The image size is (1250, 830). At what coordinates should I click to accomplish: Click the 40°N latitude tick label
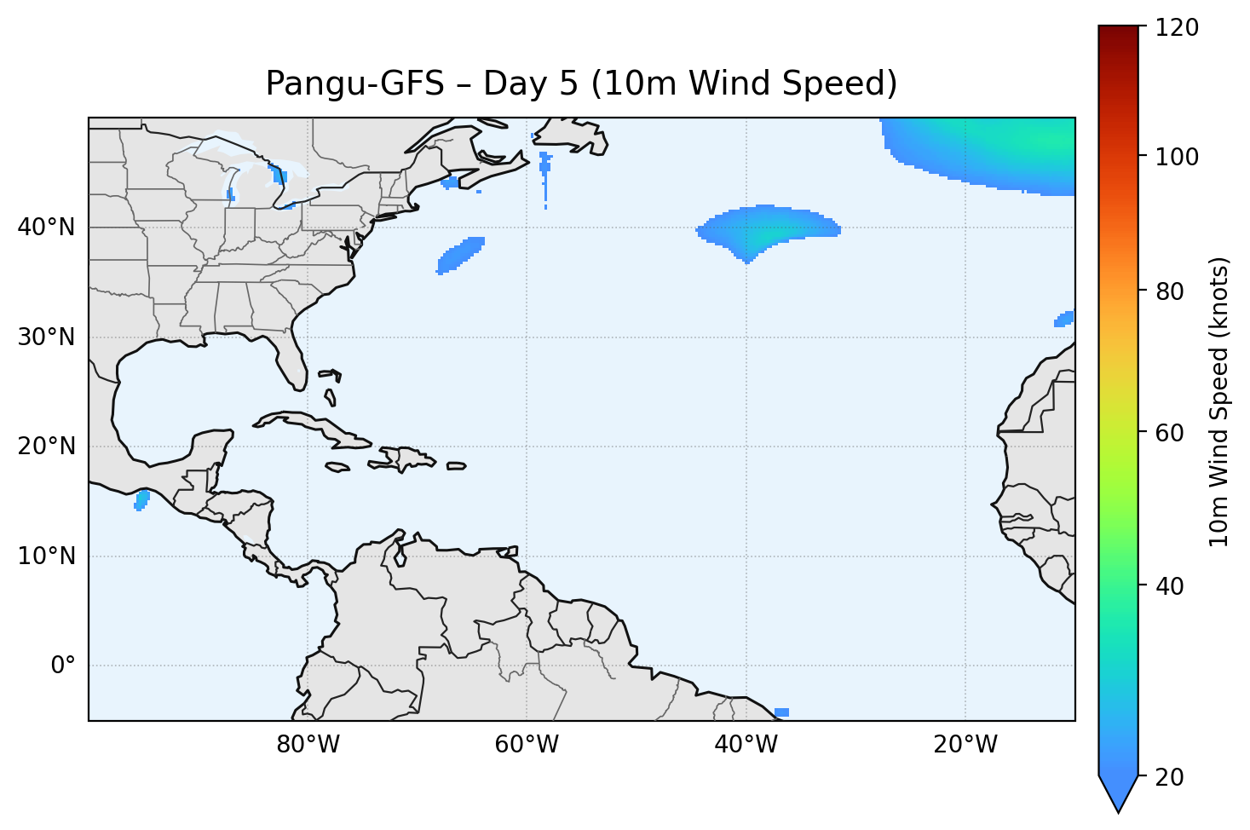pyautogui.click(x=46, y=228)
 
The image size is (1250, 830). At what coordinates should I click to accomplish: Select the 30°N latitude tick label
pyautogui.click(x=46, y=337)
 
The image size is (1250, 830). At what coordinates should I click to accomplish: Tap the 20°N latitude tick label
pyautogui.click(x=46, y=447)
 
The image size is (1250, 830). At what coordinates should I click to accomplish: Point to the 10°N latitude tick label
pyautogui.click(x=46, y=556)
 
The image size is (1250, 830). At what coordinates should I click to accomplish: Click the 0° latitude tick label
pyautogui.click(x=62, y=666)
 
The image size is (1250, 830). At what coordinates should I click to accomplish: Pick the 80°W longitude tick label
pyautogui.click(x=308, y=745)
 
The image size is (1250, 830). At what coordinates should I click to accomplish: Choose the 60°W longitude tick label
pyautogui.click(x=527, y=745)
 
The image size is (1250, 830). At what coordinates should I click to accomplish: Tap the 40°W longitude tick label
pyautogui.click(x=746, y=745)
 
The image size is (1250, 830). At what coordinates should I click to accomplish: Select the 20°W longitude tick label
pyautogui.click(x=965, y=745)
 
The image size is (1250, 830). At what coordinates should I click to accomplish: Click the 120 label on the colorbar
pyautogui.click(x=1177, y=28)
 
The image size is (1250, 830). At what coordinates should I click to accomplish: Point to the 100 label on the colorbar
pyautogui.click(x=1177, y=157)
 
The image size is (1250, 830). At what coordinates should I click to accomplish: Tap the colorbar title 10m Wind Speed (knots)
pyautogui.click(x=1219, y=401)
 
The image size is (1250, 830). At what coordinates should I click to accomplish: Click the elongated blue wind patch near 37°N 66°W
pyautogui.click(x=460, y=255)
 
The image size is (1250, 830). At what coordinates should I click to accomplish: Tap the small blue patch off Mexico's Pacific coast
pyautogui.click(x=141, y=500)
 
